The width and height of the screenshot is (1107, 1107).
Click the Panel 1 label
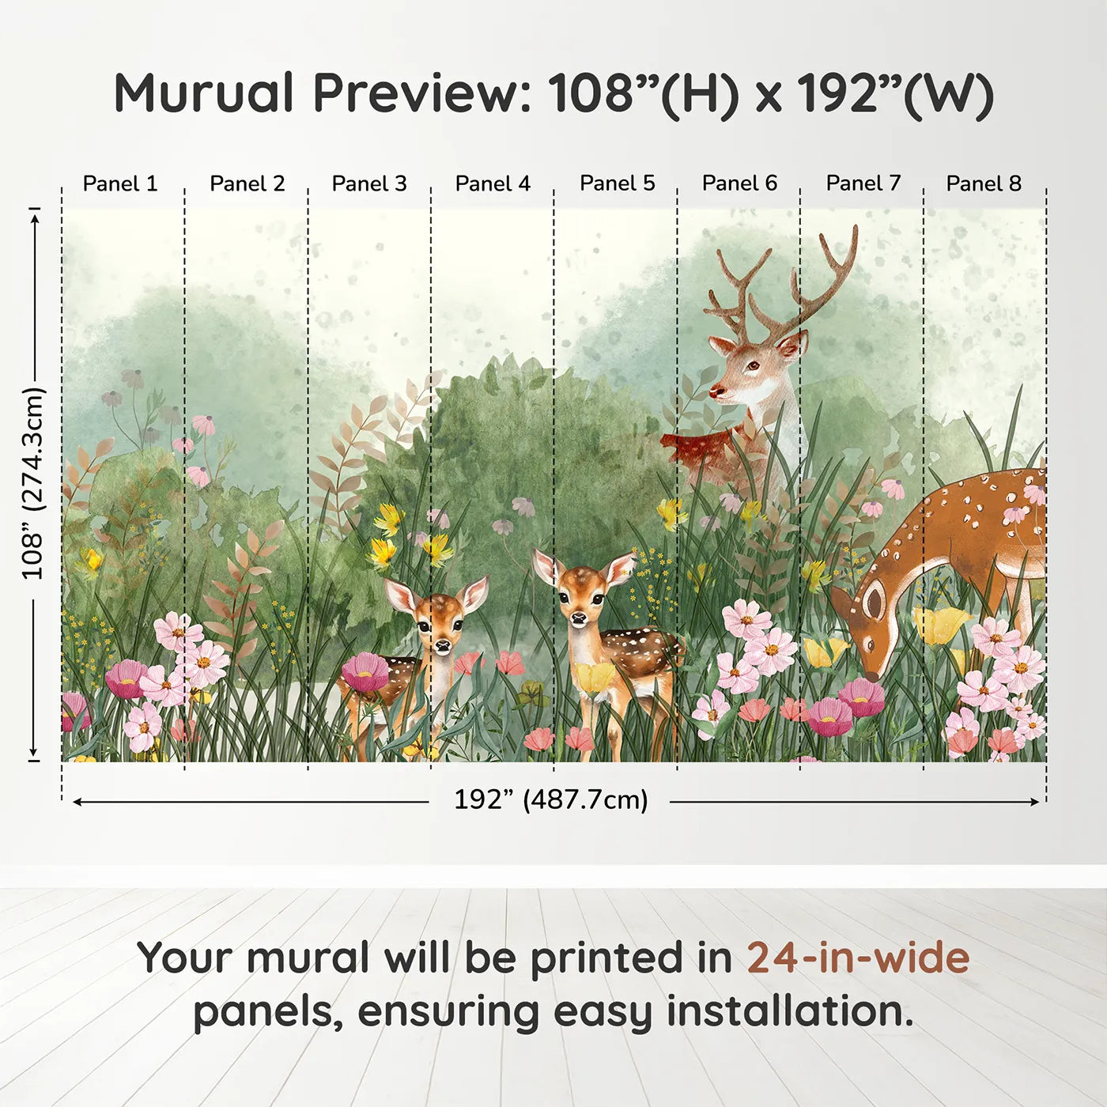click(120, 183)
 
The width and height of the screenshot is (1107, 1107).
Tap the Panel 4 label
click(493, 183)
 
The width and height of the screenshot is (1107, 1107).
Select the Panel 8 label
click(984, 183)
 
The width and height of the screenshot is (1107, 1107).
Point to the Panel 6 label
click(739, 183)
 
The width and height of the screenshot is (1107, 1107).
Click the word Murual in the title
click(204, 93)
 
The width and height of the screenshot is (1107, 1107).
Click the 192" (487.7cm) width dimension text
click(550, 799)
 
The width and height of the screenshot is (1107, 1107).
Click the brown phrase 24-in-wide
click(858, 958)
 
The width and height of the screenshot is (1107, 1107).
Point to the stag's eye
click(753, 365)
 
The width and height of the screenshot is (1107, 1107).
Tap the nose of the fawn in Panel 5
click(580, 618)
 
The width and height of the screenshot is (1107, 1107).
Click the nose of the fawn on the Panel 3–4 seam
click(442, 645)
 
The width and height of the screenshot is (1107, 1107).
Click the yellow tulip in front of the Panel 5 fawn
click(594, 677)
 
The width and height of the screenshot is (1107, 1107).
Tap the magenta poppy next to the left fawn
click(365, 672)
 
